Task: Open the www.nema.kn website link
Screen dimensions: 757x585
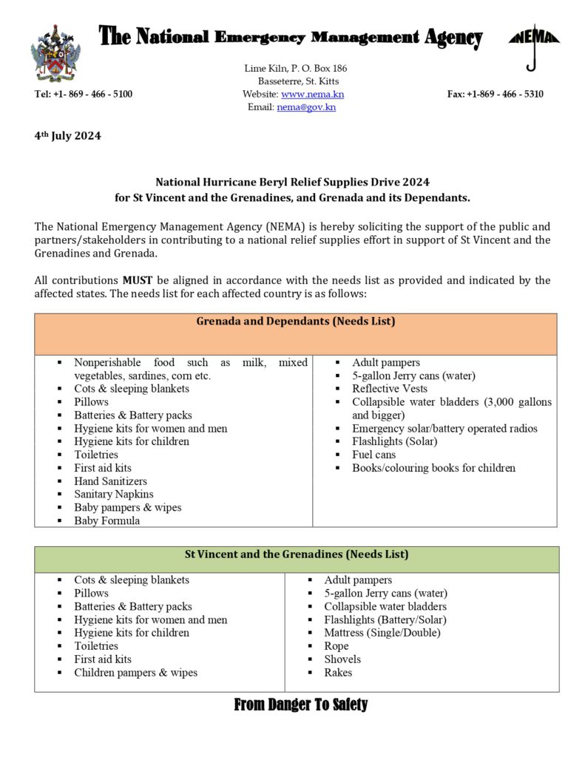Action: pos(312,94)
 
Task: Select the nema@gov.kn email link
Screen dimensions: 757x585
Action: pos(306,107)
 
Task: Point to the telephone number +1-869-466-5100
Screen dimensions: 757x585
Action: pos(84,94)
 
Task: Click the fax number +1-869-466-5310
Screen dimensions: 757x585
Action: pos(495,94)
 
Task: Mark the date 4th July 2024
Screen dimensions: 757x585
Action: pos(67,135)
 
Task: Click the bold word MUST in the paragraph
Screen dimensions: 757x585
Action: pos(138,280)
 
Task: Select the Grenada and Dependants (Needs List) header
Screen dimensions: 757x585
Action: pos(295,322)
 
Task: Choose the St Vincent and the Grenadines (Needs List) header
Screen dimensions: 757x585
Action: pos(296,554)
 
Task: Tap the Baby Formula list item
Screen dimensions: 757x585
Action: pos(106,520)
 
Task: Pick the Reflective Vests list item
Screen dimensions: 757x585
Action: pos(389,389)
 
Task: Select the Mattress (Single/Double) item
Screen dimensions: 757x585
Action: pos(382,633)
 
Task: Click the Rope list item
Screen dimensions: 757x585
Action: pos(336,646)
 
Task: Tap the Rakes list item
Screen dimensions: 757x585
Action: pos(338,673)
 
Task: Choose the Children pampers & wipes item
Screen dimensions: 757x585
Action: pos(135,673)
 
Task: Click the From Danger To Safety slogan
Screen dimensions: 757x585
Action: pos(300,705)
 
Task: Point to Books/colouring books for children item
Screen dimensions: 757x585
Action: pos(433,468)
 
